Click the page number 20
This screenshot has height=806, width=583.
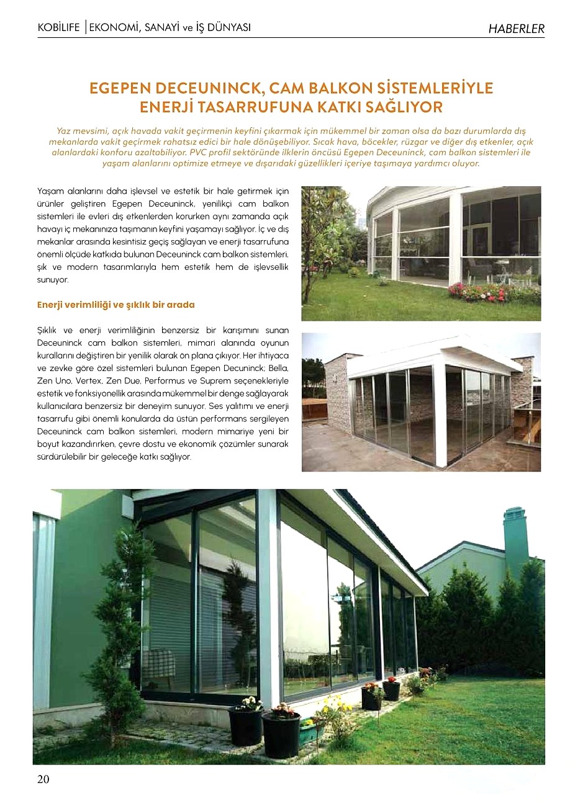click(x=43, y=779)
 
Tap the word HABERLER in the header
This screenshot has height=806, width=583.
click(x=516, y=29)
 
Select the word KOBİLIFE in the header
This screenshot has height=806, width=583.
click(x=59, y=28)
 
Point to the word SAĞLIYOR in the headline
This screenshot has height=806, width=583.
click(x=407, y=107)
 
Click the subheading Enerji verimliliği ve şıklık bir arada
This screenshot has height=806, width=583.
click(x=115, y=305)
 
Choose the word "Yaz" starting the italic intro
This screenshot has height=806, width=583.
click(x=63, y=131)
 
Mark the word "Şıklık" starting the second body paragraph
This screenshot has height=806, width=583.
click(x=49, y=331)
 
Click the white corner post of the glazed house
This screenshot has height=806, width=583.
click(x=269, y=596)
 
